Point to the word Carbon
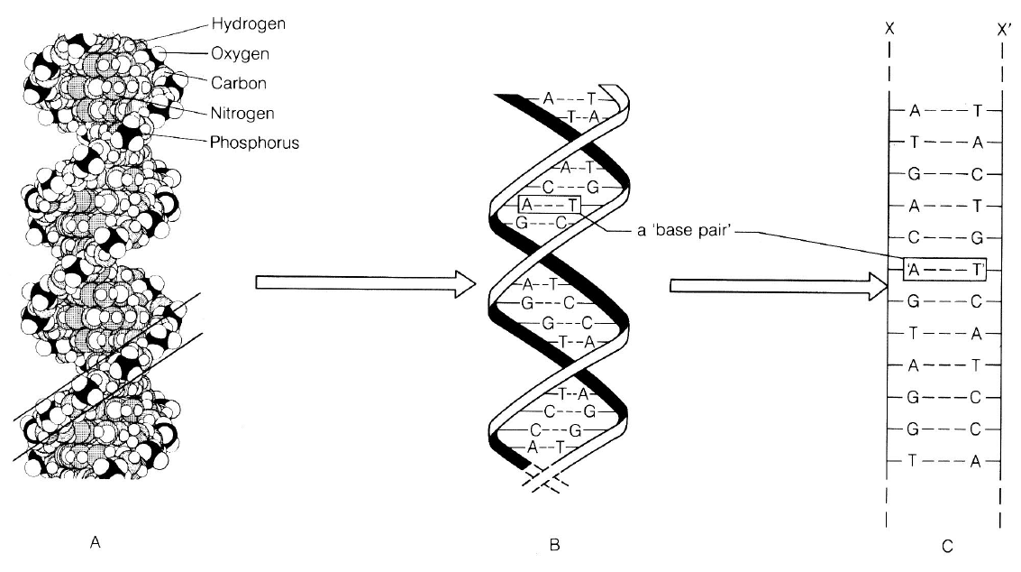click(x=221, y=83)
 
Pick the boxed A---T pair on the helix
click(x=551, y=205)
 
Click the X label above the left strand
click(x=889, y=27)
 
